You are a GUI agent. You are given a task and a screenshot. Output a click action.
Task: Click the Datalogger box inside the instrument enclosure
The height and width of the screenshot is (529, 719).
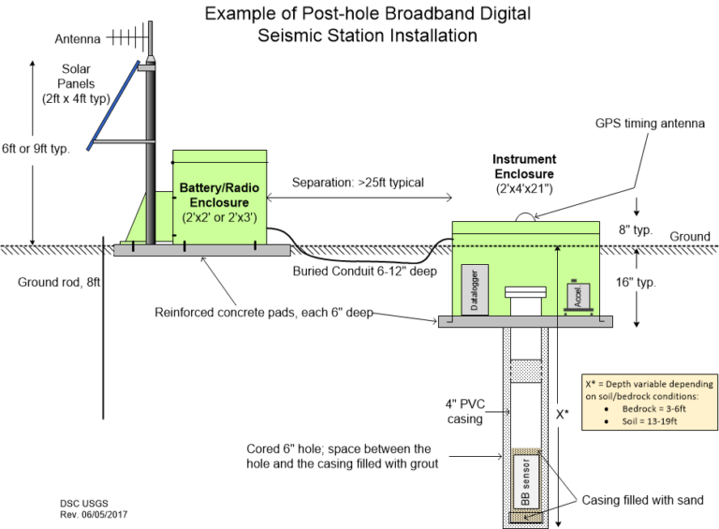[x=476, y=288]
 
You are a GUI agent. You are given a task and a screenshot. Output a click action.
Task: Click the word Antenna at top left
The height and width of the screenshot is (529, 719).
[x=77, y=38]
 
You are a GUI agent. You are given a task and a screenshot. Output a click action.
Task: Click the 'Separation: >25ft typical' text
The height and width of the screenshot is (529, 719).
[x=357, y=182]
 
